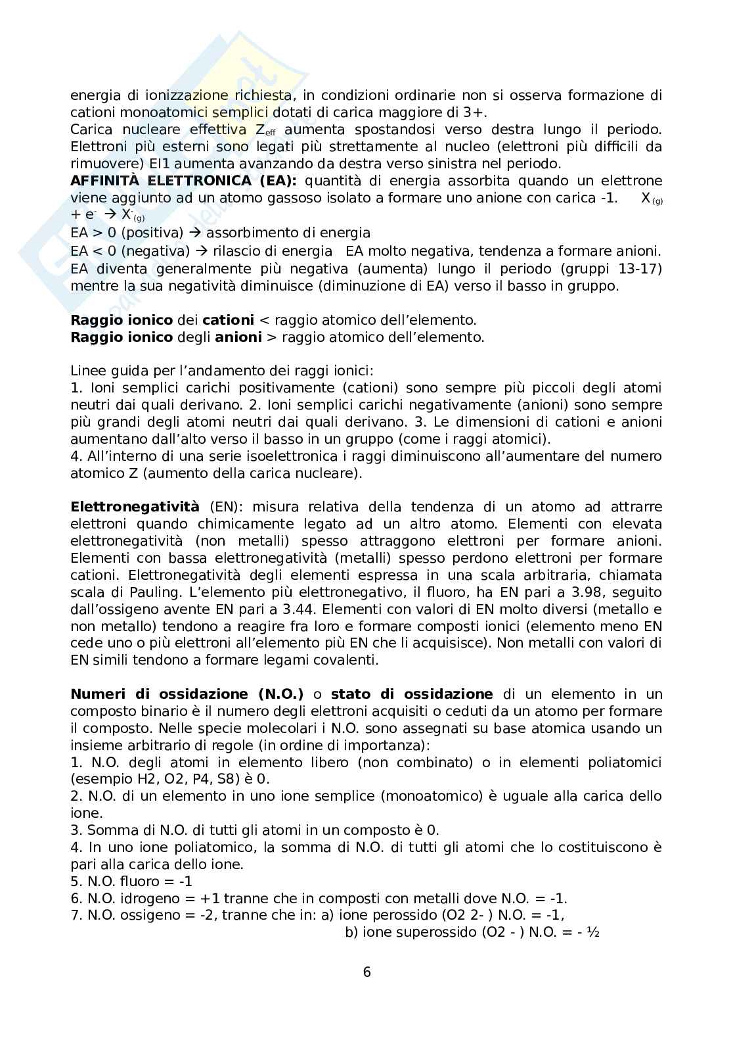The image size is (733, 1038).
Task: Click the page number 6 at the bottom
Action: click(366, 972)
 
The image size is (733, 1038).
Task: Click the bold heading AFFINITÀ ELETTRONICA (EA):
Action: click(183, 181)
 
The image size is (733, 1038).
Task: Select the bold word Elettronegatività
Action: click(135, 507)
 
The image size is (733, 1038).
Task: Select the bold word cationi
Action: click(228, 320)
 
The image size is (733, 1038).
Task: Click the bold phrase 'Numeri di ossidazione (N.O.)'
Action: click(187, 695)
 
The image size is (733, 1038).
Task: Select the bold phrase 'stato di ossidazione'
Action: click(412, 695)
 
